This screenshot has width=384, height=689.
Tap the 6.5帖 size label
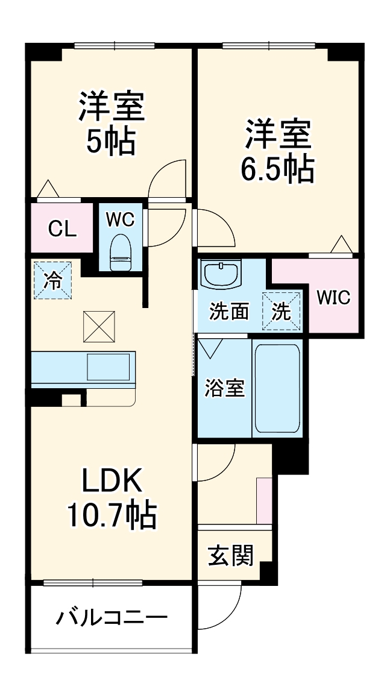278,169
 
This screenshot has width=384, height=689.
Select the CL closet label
62,228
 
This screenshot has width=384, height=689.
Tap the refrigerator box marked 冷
53,280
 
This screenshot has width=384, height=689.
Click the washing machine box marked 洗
281,312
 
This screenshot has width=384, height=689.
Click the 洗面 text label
229,312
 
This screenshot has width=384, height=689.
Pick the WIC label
333,298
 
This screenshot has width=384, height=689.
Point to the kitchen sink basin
109,367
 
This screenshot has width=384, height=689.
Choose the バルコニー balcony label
112,618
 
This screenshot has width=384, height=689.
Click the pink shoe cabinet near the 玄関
264,500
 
